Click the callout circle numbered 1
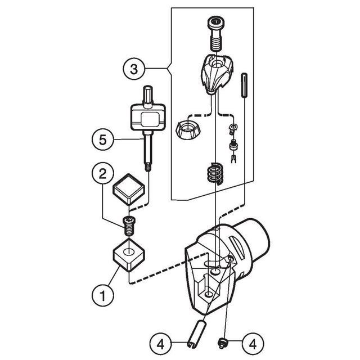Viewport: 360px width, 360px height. coord(103,295)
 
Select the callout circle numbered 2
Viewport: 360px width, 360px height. coord(102,173)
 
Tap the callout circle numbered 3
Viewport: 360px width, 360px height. coord(134,69)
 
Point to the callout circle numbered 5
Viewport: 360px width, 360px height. coord(103,139)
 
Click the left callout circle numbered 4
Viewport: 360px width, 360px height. coord(160,344)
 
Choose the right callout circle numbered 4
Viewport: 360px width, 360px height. coord(253,344)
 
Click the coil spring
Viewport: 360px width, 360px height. coord(214,174)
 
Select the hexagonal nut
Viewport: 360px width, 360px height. coord(188,130)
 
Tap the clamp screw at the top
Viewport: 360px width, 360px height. coord(216,33)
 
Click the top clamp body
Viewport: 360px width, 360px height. coord(217,74)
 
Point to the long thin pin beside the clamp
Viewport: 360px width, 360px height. coord(244,85)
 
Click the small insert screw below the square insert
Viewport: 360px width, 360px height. coord(129,226)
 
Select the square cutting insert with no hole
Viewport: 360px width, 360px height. coord(129,189)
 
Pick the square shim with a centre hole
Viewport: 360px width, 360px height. coord(129,254)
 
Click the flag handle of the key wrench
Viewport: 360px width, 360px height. coord(148,117)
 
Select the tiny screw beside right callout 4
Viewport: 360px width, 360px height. coord(221,344)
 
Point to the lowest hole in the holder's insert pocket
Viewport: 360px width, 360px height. coord(209,294)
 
